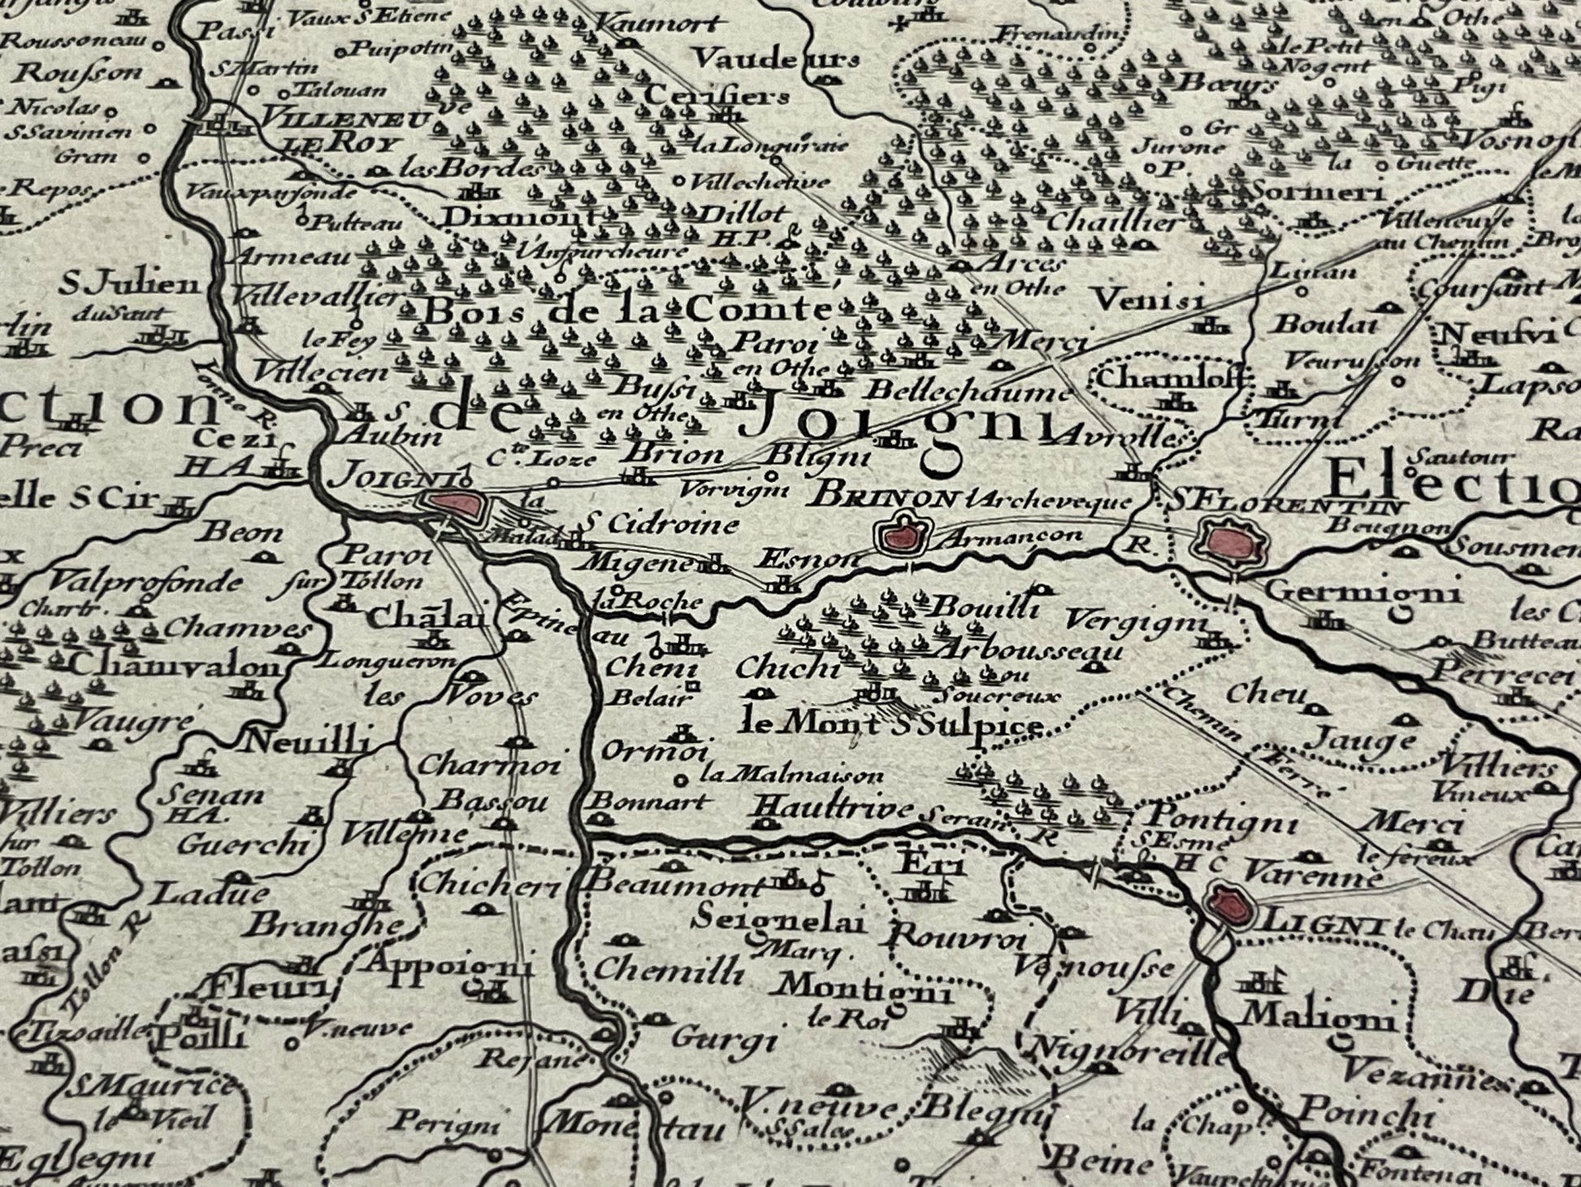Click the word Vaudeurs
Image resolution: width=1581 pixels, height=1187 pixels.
tap(778, 59)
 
